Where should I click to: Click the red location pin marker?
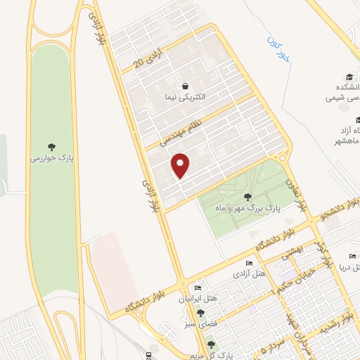[x=181, y=165]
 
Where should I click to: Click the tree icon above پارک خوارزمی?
[x=53, y=146]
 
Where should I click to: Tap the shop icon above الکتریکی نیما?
[x=184, y=84]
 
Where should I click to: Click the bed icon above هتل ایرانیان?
[x=199, y=288]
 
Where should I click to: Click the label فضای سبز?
[x=202, y=326]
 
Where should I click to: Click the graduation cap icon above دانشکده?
[x=349, y=77]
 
